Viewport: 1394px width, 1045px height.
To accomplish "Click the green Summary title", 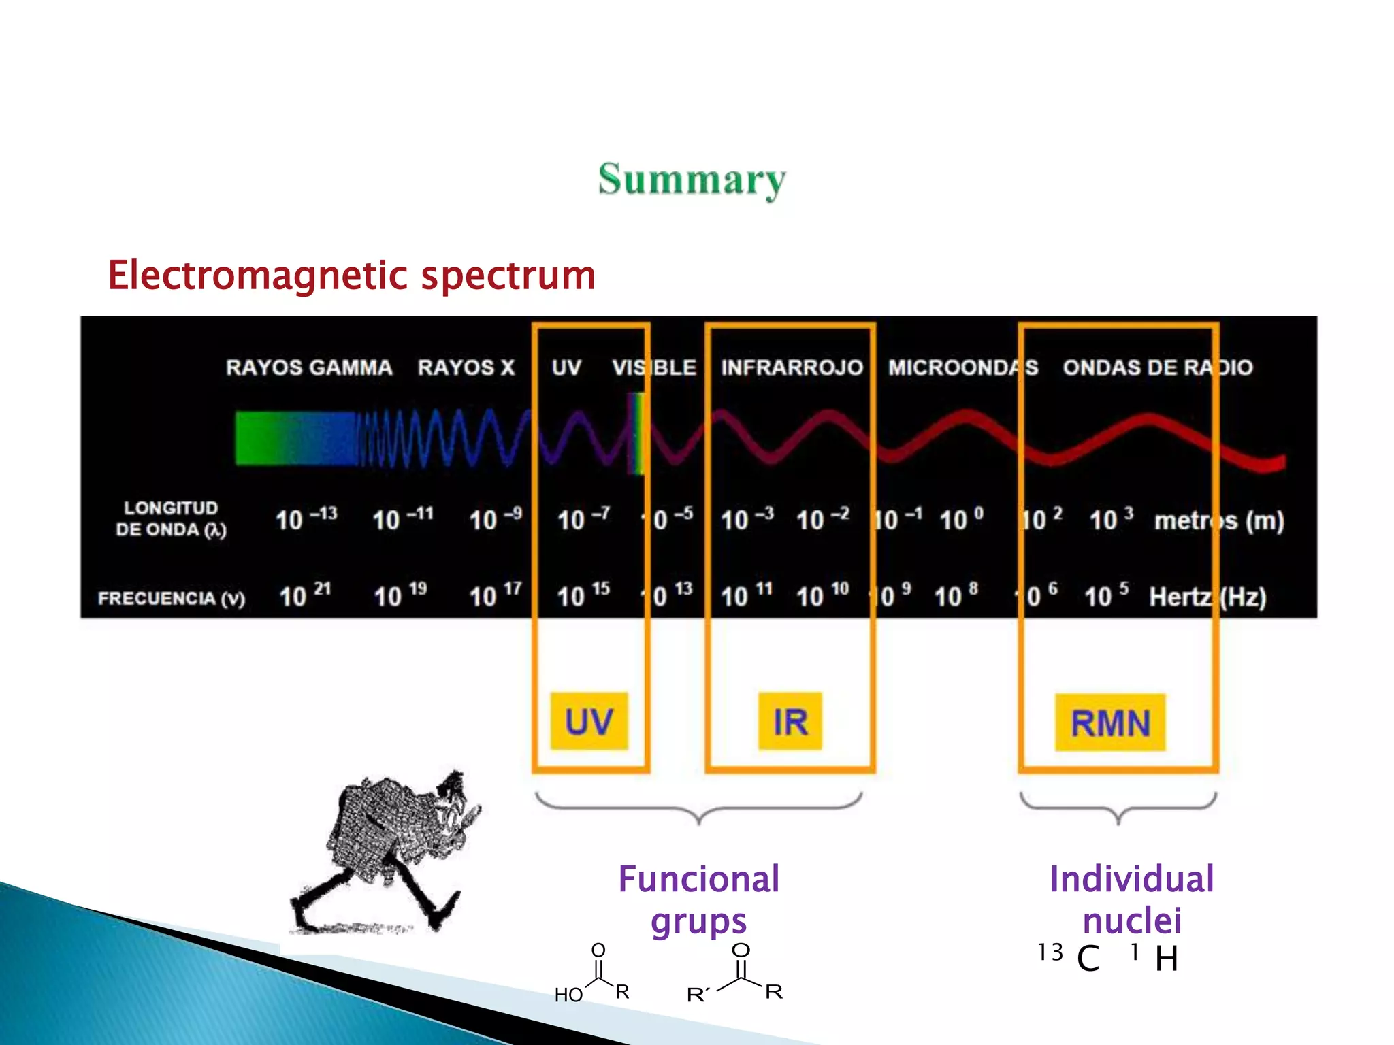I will pos(692,180).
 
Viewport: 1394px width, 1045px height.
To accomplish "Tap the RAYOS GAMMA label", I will pos(309,368).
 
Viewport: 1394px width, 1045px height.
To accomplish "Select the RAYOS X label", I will pos(466,368).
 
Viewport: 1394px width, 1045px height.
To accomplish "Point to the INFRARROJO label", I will pos(792,368).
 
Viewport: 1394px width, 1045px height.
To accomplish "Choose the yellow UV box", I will pos(589,721).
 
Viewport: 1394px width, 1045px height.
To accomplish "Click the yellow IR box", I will pos(790,721).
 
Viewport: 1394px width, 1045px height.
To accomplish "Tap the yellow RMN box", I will pos(1110,723).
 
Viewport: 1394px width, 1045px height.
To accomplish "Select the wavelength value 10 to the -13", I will pos(306,519).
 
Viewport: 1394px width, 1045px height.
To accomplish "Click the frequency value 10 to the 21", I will pos(305,595).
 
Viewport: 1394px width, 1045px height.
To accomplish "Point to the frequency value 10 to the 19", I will pos(400,595).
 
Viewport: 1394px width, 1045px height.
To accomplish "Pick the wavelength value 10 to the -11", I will pos(402,519).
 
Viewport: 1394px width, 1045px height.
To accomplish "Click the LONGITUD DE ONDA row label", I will pos(170,518).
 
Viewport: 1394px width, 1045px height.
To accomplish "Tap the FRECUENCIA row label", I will pos(171,598).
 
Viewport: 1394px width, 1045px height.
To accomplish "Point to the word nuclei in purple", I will pos(1132,921).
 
